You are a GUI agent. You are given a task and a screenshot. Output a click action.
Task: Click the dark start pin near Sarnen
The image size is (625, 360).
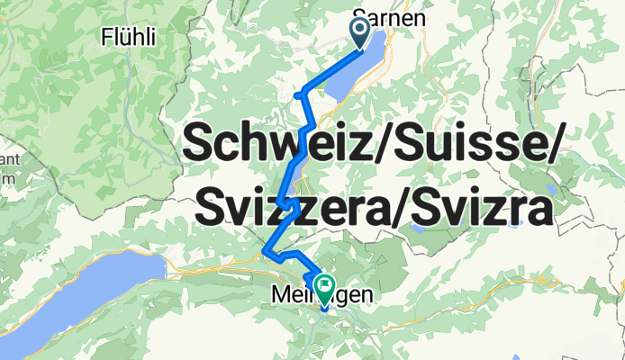coord(361,33)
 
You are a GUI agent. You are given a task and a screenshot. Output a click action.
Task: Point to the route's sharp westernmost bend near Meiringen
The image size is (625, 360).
coord(264,250)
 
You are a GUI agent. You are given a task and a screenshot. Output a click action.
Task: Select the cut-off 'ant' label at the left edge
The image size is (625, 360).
coord(8,160)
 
